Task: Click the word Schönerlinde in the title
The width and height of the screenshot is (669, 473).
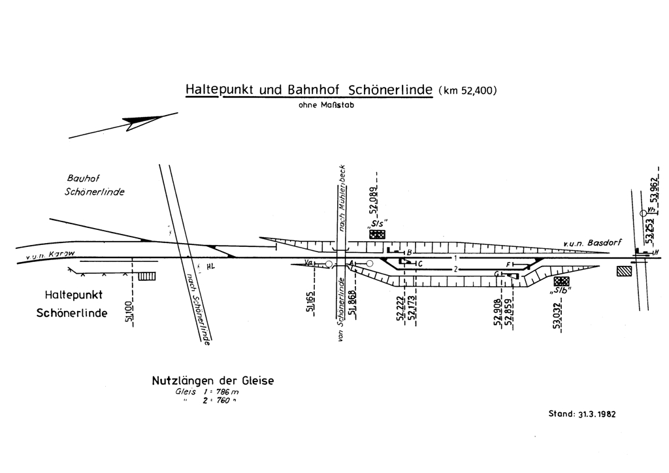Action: (x=391, y=90)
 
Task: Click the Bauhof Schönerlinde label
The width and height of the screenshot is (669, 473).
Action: (x=94, y=185)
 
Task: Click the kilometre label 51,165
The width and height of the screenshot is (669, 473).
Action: (x=310, y=300)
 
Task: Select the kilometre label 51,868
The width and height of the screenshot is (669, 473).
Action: (x=352, y=301)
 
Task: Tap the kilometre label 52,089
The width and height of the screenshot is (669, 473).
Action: (x=374, y=201)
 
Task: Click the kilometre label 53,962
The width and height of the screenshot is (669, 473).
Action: (x=653, y=189)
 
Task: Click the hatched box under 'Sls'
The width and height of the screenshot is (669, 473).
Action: (x=378, y=234)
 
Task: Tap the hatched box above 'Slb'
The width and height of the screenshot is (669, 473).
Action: (x=561, y=281)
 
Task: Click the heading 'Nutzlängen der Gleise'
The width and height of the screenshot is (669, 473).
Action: (x=213, y=380)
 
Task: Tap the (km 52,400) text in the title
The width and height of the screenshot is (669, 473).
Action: (x=470, y=90)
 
